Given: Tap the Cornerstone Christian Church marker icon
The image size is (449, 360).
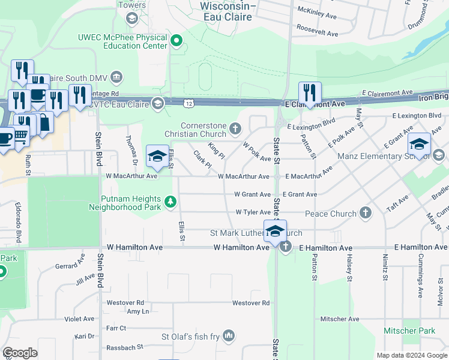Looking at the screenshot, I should coord(235,128).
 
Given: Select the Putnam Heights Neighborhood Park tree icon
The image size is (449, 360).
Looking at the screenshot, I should coord(171,200).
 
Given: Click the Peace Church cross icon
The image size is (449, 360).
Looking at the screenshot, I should coord(365,213).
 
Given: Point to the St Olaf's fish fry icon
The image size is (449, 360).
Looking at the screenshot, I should coord(229,335).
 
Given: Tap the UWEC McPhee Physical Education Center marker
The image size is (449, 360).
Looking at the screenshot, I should coord(176,41).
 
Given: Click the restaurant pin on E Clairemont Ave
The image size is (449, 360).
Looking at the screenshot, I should coord(310,94).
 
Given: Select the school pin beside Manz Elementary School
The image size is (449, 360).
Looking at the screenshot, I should coord(419,145).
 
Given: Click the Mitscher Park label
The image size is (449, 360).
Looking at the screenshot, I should coord(409,331).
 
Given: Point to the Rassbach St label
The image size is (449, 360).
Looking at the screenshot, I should coord(124,347).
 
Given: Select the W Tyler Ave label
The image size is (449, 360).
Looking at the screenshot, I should coord(253,212).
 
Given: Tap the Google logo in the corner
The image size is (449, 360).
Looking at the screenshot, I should coord(20,353).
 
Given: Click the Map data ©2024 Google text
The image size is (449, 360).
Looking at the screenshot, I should coord(411,355).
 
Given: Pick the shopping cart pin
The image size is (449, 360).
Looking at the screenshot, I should coord(20,137).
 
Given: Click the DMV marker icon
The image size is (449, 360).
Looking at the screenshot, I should coord(116,77).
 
